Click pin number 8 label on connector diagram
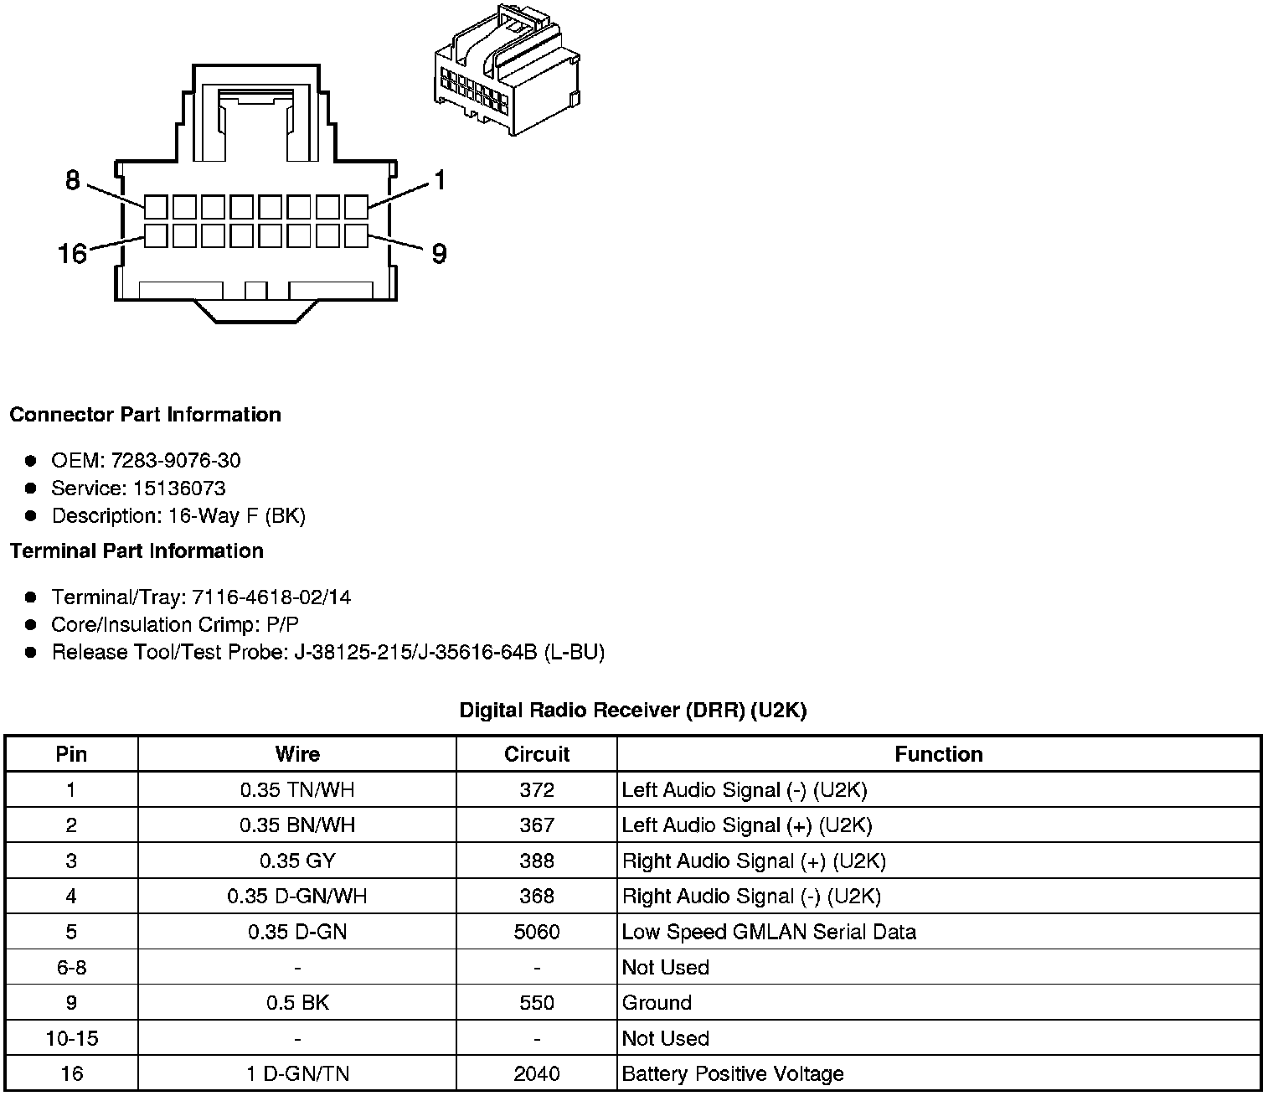tap(73, 180)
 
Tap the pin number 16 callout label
tap(73, 252)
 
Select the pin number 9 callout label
tap(439, 253)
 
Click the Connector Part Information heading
tap(146, 415)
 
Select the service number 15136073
tap(179, 488)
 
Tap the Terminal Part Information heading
tap(137, 551)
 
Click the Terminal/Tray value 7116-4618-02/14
tap(271, 597)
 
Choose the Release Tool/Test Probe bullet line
tap(327, 652)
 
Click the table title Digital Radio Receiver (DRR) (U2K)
tap(633, 711)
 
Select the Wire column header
tap(297, 754)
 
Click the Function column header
tap(938, 754)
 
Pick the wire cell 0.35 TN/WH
tap(297, 789)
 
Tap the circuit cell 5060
tap(537, 932)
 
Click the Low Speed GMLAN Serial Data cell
tap(769, 932)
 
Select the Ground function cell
tap(657, 1003)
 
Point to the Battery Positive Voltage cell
tap(733, 1073)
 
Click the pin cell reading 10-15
tap(71, 1038)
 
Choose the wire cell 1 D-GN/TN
tap(297, 1073)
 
